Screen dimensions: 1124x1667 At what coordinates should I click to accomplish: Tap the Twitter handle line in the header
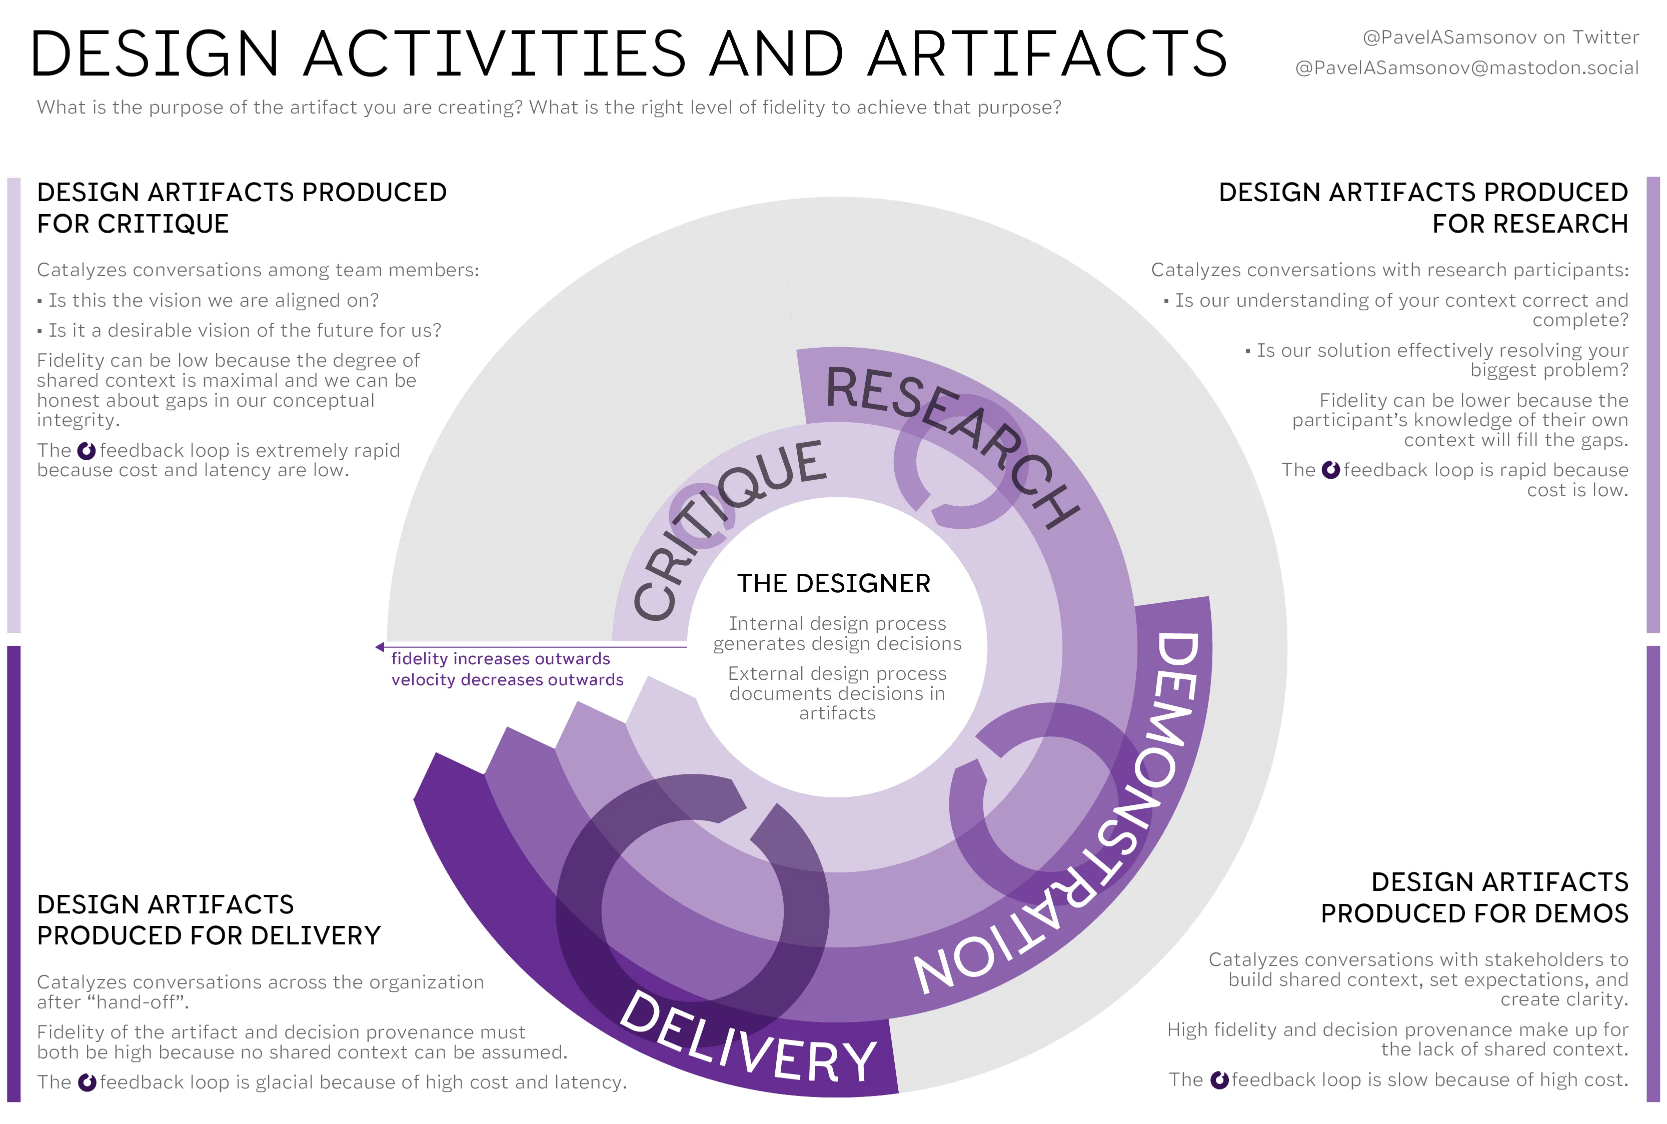1500,38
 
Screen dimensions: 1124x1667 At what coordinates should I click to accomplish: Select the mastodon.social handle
1466,68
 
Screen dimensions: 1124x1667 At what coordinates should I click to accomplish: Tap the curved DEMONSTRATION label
1118,824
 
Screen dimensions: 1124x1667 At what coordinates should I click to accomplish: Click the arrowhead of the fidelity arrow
380,647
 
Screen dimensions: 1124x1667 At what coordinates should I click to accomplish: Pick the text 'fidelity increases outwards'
500,659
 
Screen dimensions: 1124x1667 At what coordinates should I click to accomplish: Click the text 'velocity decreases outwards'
507,680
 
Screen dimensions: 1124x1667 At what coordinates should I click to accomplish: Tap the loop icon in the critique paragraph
87,451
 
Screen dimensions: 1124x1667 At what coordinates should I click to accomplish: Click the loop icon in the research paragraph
1330,470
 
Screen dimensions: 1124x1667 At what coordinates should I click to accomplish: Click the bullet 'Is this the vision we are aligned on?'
213,300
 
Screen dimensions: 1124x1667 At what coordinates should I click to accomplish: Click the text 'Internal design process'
837,624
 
